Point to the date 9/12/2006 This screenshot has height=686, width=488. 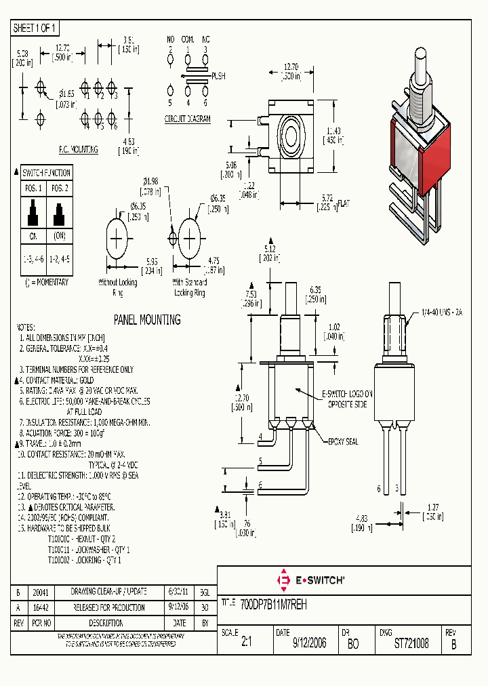pyautogui.click(x=309, y=643)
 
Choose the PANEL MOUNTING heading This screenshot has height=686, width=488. pyautogui.click(x=147, y=319)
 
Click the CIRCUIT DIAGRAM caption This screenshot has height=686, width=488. pyautogui.click(x=188, y=119)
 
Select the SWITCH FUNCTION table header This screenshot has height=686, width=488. pyautogui.click(x=47, y=173)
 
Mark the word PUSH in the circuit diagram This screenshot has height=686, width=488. pyautogui.click(x=219, y=76)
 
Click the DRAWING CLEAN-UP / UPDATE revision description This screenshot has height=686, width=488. pyautogui.click(x=109, y=591)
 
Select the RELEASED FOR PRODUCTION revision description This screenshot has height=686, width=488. pyautogui.click(x=108, y=607)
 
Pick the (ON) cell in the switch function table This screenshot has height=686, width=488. pyautogui.click(x=59, y=237)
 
